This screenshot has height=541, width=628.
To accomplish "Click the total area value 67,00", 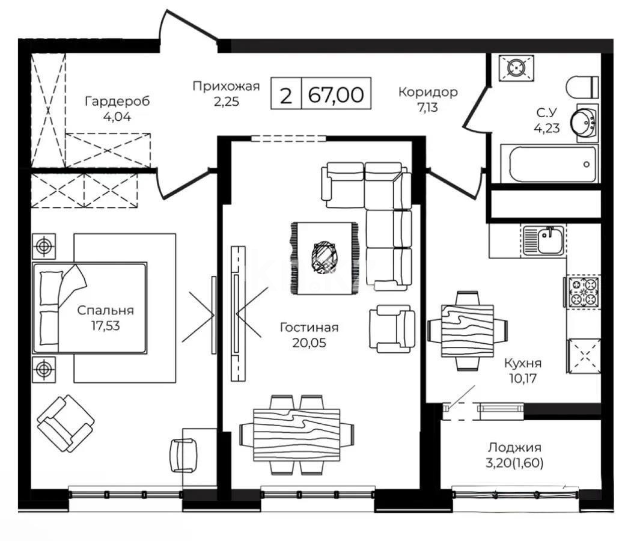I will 336,95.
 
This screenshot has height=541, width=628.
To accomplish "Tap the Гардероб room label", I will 117,100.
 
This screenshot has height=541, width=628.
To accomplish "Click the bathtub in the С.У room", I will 552,163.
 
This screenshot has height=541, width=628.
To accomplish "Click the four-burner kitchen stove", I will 582,291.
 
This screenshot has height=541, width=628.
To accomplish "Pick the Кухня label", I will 522,363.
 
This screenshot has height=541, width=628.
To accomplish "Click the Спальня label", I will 105,311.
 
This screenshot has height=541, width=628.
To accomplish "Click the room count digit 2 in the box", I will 286,95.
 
